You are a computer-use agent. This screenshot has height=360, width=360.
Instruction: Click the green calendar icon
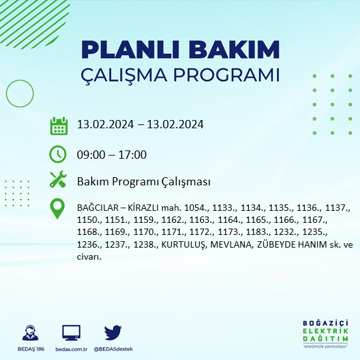[58, 125]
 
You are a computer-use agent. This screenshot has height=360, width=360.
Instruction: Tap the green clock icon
[58, 154]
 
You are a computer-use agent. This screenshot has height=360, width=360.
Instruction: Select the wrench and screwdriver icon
[58, 181]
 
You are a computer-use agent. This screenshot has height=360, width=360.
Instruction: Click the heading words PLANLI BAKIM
[180, 49]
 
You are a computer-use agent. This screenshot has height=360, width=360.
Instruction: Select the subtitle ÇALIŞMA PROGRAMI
[180, 74]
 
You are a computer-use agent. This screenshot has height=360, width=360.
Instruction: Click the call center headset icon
[29, 333]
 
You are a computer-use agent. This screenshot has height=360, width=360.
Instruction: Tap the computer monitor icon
[71, 333]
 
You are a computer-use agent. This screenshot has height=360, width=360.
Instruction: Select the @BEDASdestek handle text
[113, 349]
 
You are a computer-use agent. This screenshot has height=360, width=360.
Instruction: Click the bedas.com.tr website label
[70, 349]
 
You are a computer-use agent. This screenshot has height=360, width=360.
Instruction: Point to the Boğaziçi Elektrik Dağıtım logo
[324, 332]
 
